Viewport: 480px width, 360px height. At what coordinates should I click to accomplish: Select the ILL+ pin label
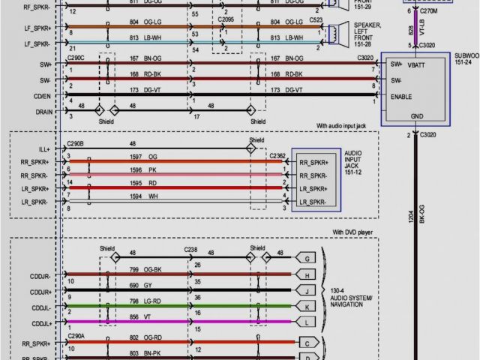click(40, 148)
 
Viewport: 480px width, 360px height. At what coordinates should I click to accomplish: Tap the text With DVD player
click(352, 232)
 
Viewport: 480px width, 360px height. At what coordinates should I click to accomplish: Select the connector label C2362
click(275, 155)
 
